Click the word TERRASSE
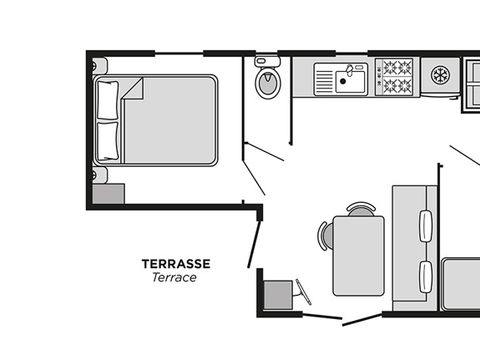(176, 264)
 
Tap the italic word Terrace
(174, 277)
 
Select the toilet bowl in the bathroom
(268, 83)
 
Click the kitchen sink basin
(350, 82)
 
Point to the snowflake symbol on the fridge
(441, 75)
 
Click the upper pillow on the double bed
(108, 100)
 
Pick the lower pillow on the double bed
(108, 141)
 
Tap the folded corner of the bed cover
(132, 88)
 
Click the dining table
(359, 256)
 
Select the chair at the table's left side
(325, 236)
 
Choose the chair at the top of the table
(361, 209)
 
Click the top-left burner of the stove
(389, 68)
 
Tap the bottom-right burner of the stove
(404, 86)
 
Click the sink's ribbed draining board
(324, 80)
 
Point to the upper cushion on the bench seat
(426, 226)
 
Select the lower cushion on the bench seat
(426, 277)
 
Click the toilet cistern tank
(267, 61)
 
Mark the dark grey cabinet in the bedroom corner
(108, 194)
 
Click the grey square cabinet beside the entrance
(278, 295)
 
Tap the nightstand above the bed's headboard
(99, 66)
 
